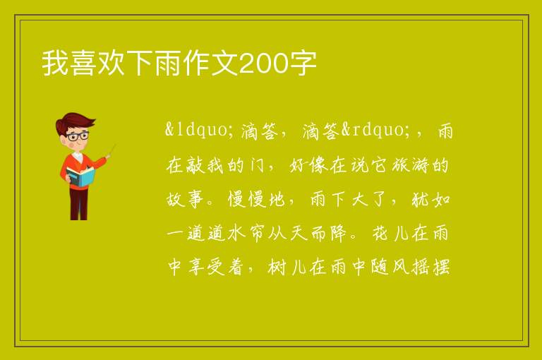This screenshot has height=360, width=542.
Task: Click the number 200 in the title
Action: (263, 64)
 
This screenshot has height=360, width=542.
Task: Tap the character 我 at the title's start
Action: (54, 63)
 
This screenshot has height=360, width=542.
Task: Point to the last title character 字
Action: (303, 63)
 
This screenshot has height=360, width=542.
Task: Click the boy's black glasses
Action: (78, 136)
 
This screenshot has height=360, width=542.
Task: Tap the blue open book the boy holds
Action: (80, 176)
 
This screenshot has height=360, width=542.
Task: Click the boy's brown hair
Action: (73, 122)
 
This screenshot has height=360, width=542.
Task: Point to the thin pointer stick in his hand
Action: (112, 151)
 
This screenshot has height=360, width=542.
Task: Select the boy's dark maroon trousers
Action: (79, 204)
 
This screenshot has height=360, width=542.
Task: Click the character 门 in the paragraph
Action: (257, 165)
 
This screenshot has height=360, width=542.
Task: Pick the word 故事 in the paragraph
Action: (185, 199)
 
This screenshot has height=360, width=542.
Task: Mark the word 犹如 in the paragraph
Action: (431, 199)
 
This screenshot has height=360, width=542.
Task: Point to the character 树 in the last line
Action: (277, 268)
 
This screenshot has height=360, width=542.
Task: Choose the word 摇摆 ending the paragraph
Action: (431, 268)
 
